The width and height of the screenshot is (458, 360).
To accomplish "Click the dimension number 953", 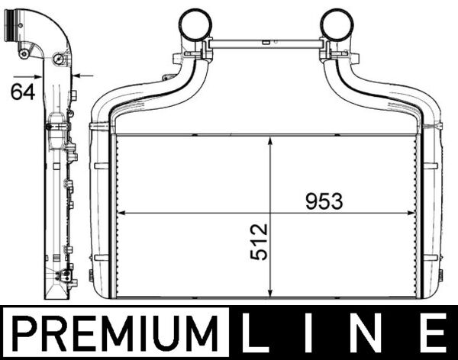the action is (324, 201).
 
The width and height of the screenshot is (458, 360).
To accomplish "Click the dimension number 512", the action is (259, 242).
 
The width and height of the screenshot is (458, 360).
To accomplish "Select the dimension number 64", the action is (23, 92).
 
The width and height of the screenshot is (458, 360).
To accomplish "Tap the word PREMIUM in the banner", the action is (115, 333).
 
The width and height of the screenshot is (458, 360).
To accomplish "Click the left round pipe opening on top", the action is (195, 24).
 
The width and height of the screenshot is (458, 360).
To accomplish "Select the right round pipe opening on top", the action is (337, 24).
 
